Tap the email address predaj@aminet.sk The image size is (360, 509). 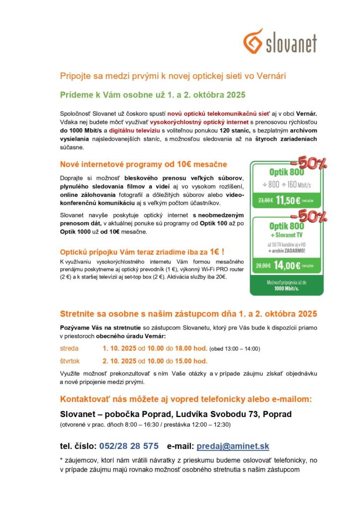coord(233,446)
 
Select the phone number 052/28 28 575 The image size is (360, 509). coord(129,446)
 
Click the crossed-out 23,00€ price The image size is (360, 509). coord(266,201)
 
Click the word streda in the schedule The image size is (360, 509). coord(69,348)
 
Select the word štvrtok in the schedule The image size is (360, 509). coord(70,361)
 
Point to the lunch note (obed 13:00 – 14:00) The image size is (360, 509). coord(235,349)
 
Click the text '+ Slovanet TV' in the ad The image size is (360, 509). coord(287,235)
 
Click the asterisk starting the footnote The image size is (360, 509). coord(62,460)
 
